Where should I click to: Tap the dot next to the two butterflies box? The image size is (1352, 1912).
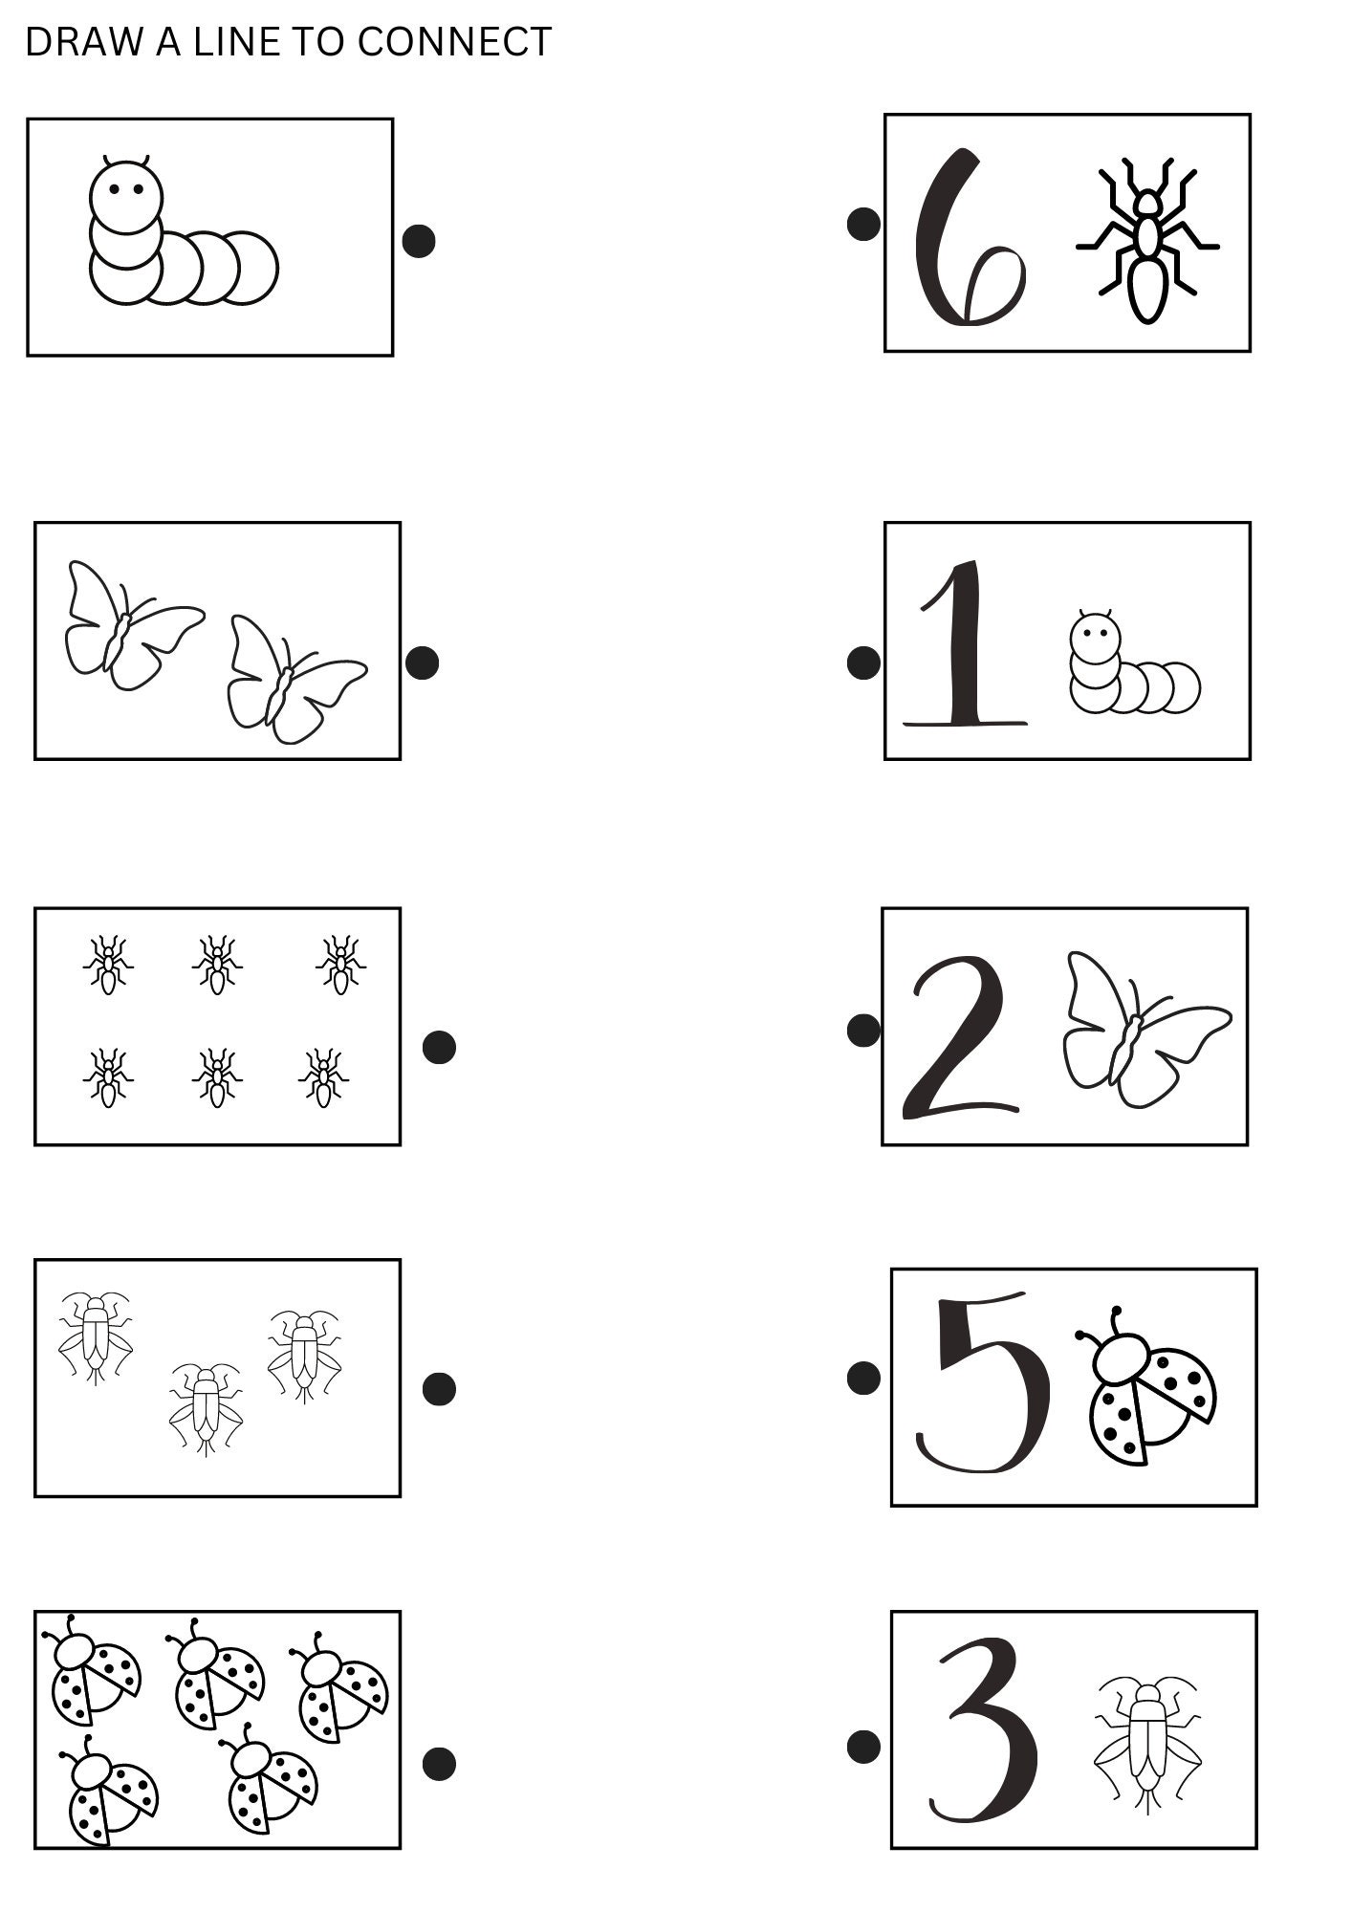click(423, 663)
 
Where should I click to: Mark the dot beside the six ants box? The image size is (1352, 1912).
click(439, 1047)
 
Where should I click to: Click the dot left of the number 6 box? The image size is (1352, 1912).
click(863, 225)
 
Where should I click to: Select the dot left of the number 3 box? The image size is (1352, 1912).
click(863, 1745)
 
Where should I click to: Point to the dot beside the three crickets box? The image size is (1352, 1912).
click(439, 1389)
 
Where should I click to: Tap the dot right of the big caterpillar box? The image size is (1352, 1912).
click(419, 241)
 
